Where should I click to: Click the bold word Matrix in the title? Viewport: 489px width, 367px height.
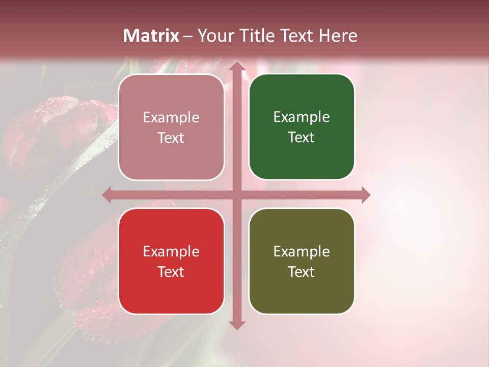[151, 36]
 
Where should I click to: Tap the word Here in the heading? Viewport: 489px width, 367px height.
[338, 36]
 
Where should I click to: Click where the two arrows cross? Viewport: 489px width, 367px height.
[236, 195]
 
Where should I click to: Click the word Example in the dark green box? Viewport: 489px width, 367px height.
[302, 117]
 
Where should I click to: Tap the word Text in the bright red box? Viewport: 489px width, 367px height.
[171, 272]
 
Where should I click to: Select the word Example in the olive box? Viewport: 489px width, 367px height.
[302, 251]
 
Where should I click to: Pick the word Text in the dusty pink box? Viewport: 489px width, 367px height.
[171, 138]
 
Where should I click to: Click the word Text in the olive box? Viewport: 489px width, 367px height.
[302, 272]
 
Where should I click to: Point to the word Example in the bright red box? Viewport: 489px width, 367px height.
[171, 251]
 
